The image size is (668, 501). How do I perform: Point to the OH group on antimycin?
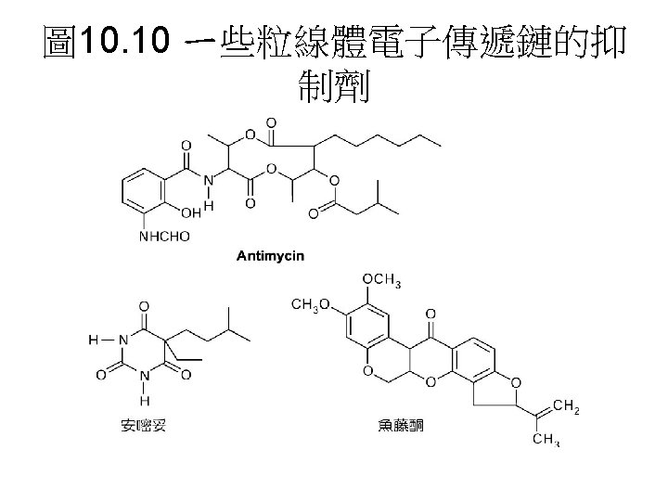coord(191,212)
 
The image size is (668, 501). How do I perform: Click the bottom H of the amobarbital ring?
coord(143,400)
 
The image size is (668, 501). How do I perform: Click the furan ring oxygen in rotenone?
coord(515,379)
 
